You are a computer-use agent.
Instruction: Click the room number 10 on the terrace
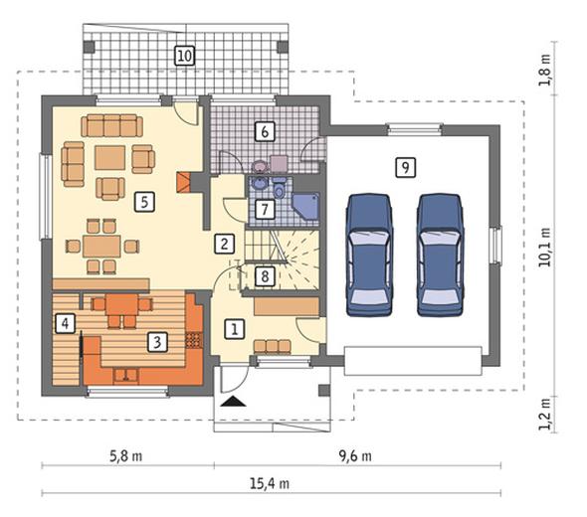point(185,56)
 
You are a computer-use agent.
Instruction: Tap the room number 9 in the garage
point(406,167)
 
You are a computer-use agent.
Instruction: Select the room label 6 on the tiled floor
point(265,131)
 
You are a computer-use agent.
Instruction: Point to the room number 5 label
point(144,202)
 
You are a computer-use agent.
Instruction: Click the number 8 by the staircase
point(265,276)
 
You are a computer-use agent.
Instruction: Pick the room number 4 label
point(65,323)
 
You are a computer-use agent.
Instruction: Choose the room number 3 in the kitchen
point(157,342)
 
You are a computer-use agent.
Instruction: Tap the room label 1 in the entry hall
point(235,329)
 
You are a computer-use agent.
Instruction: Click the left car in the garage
point(370,256)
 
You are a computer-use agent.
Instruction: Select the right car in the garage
point(440,256)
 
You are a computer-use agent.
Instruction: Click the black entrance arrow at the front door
point(233,401)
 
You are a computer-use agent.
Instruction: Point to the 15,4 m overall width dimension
point(270,484)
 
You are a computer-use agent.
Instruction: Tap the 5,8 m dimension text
point(125,456)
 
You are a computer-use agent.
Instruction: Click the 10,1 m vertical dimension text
point(545,247)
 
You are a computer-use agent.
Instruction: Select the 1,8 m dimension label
point(545,71)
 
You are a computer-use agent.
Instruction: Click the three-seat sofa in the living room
point(112,125)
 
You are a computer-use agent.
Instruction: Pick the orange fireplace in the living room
point(183,182)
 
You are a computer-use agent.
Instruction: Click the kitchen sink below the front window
point(125,375)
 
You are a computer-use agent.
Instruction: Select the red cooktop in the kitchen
point(194,340)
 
